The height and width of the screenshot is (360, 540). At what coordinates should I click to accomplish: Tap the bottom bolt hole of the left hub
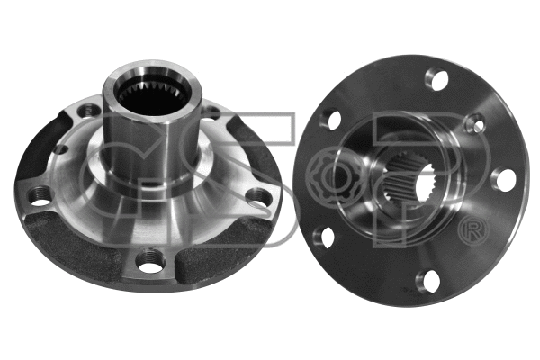(148, 262)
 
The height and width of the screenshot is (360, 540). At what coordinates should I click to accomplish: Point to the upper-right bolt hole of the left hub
(212, 112)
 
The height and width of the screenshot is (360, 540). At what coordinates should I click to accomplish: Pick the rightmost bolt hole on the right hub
(505, 179)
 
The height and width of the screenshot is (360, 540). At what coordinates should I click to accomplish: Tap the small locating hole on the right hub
(475, 124)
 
